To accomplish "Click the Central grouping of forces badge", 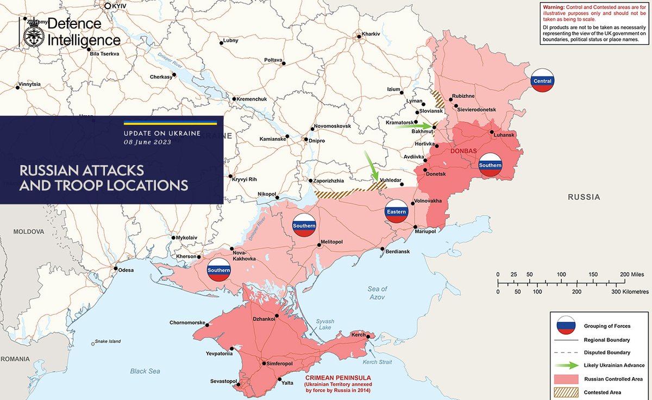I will coord(542,81).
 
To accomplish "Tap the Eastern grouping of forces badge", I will coord(397,211).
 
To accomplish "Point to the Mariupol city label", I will coord(425,232).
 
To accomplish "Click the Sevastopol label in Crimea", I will coord(223,382).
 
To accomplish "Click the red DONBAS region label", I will coord(463,151).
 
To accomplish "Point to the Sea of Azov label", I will coord(378,293).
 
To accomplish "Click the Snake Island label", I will coord(108,341).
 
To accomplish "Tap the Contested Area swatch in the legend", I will coord(566,392).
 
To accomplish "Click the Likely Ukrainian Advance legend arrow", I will coord(566,365).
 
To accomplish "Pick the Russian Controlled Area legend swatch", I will coord(566,378).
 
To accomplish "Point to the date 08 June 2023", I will coord(147,142).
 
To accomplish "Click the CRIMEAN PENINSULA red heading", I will coord(338,377).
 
